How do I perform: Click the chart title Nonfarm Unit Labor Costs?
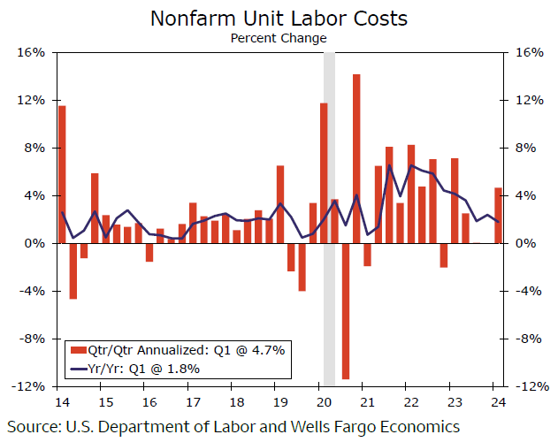279,18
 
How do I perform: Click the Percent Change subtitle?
279,38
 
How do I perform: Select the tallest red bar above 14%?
356,158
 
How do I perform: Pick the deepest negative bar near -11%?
346,310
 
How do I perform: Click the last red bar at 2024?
498,215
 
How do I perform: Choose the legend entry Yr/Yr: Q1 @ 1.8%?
142,368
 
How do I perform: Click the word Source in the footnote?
34,427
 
